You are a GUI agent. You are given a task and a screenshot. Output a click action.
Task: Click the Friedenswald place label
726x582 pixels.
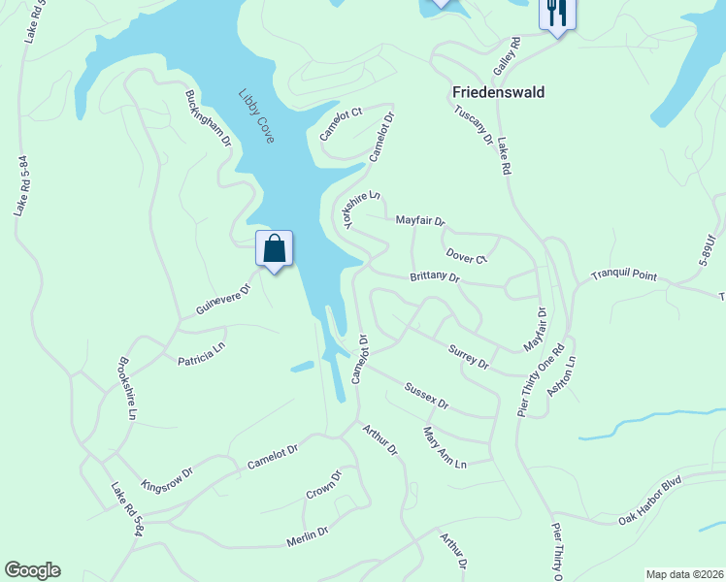pos(498,92)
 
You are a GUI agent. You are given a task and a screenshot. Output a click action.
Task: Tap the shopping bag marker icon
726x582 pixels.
pos(275,248)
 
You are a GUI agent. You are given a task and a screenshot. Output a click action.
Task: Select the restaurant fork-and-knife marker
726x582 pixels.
pos(556,14)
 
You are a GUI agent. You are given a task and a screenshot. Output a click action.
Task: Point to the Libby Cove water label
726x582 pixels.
pos(257,116)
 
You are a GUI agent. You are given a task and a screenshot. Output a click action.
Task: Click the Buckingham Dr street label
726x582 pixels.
pos(209,118)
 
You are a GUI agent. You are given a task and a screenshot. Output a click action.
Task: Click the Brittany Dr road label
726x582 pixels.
pos(434,276)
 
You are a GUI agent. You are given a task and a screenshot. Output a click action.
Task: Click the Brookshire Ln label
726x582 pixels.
pos(125,389)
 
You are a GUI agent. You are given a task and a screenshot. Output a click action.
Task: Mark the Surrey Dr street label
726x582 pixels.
pos(469,356)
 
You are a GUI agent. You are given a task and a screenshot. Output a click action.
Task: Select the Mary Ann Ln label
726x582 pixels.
pos(445,449)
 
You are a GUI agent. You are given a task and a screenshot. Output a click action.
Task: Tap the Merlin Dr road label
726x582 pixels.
pos(308,535)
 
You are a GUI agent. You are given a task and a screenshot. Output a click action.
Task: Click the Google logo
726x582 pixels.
pos(32,570)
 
